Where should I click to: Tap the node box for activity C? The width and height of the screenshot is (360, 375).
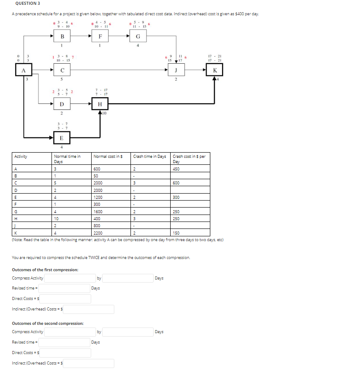tap(62, 70)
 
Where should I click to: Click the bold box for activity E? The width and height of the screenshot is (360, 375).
tap(62, 138)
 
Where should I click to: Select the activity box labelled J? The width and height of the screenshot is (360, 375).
tap(176, 70)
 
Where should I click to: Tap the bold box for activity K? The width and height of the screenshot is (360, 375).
tap(214, 70)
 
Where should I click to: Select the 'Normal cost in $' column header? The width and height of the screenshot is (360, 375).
tap(107, 156)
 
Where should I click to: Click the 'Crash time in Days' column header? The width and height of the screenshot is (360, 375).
tap(150, 156)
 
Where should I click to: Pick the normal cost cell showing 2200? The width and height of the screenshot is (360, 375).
tap(98, 233)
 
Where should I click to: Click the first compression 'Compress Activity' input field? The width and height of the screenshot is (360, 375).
tap(69, 278)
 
